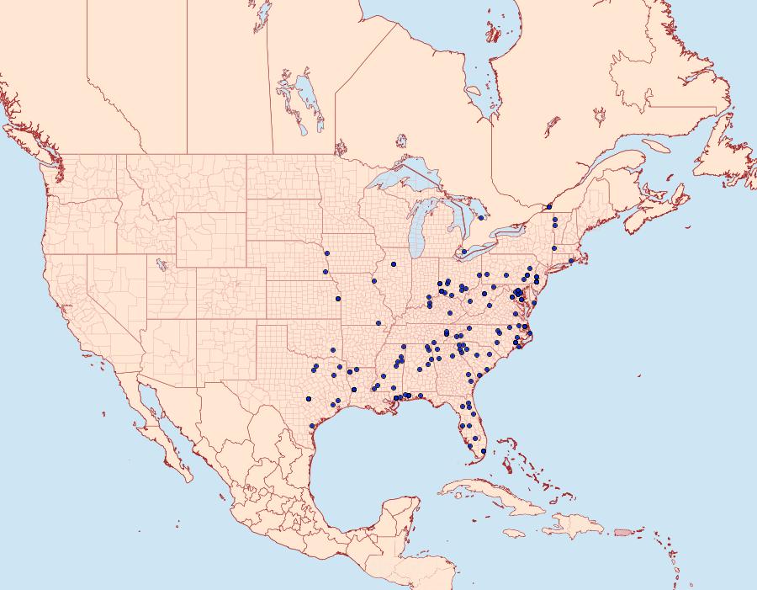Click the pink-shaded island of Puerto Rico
tap(622, 531)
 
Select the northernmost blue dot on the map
tap(549, 206)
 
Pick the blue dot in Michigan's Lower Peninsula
tap(480, 217)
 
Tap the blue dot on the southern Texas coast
tap(312, 426)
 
